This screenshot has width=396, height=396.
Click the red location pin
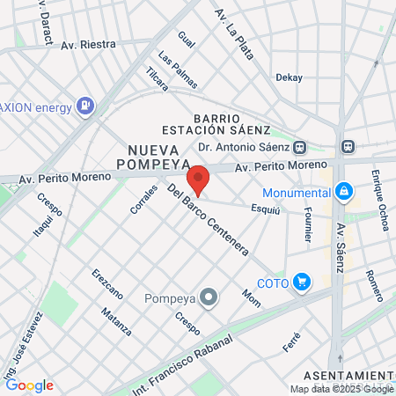[x=199, y=179]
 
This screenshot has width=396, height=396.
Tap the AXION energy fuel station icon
[x=85, y=106]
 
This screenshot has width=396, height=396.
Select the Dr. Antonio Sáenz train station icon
[x=301, y=147]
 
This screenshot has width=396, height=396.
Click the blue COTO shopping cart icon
[x=302, y=282]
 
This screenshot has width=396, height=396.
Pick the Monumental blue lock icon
[x=343, y=190]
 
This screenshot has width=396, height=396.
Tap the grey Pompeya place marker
[x=209, y=297]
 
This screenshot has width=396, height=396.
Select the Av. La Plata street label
[x=234, y=33]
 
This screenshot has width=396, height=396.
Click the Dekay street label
[x=289, y=77]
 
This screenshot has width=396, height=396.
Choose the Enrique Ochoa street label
[x=380, y=200]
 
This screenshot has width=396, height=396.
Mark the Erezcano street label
[x=106, y=283]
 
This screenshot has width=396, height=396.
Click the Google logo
[x=29, y=385]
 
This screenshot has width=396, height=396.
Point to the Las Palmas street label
[x=178, y=70]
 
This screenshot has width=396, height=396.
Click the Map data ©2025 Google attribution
[x=342, y=389]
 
